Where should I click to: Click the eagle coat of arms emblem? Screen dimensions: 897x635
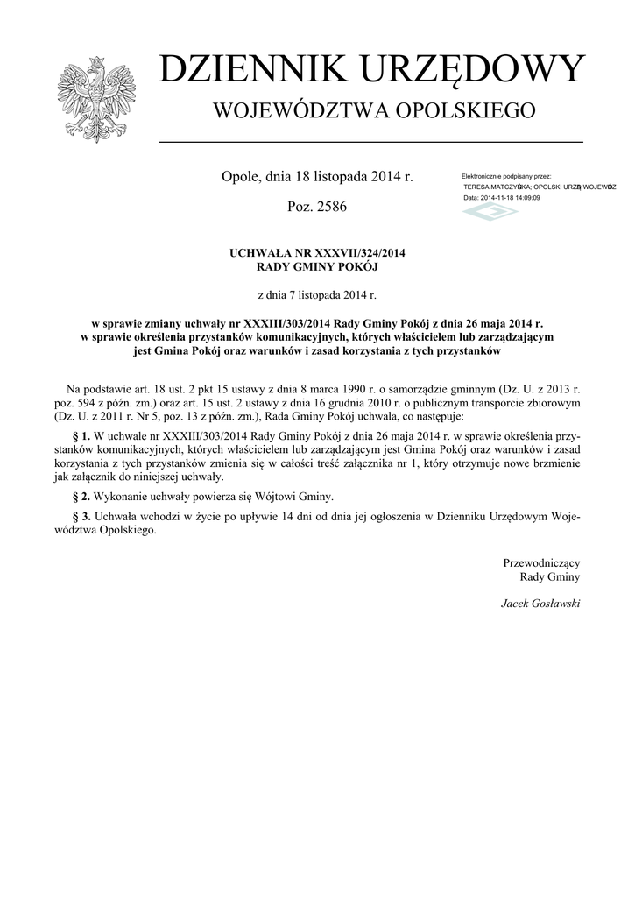[96, 99]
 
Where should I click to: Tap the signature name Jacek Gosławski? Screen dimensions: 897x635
[540, 604]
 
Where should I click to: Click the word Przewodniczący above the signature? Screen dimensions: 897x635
[541, 562]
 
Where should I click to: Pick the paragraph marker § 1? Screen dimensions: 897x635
[80, 435]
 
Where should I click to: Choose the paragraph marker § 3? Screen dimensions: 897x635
[80, 517]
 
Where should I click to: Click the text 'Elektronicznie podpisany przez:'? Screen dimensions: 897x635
[505, 177]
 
